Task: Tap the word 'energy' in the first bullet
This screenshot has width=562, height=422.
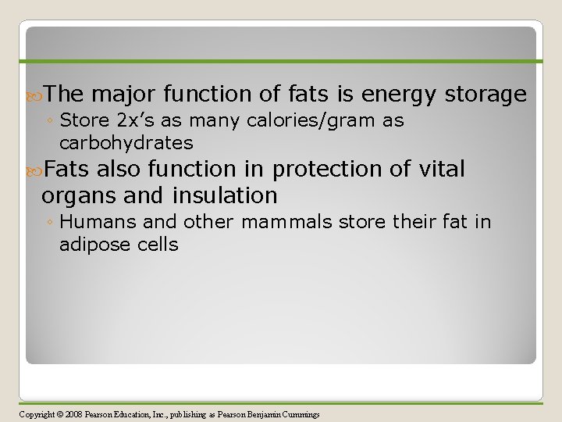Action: click(x=398, y=95)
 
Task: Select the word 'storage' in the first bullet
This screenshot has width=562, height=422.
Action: click(x=486, y=95)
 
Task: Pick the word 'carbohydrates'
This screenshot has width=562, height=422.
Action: click(x=126, y=143)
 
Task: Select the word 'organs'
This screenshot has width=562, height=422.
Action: click(x=80, y=195)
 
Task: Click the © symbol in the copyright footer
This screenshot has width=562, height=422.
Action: click(x=60, y=414)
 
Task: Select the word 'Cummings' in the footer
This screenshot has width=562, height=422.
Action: click(x=301, y=414)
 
